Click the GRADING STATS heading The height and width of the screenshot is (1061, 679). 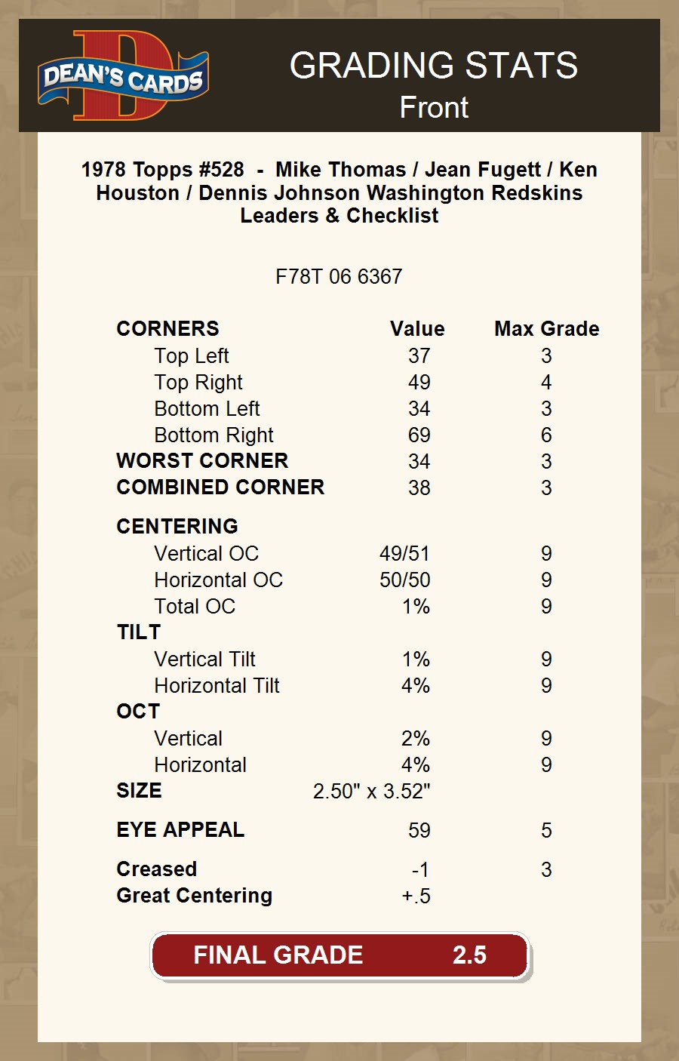pos(434,66)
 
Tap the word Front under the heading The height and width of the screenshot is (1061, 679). pos(434,108)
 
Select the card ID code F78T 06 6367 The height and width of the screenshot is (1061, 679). pos(339,277)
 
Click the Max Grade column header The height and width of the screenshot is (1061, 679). pos(546,329)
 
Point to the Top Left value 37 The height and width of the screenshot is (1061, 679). pos(419,356)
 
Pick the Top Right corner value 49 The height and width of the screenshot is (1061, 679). pos(419,383)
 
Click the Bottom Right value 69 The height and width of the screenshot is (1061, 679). pos(419,435)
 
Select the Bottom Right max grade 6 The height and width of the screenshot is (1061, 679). pos(546,435)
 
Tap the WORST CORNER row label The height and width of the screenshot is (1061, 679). pos(202,461)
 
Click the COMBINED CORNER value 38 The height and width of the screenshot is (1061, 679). pos(419,488)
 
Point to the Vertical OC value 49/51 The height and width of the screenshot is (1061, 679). pos(404,554)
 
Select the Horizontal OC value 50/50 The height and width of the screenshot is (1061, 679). pos(404,580)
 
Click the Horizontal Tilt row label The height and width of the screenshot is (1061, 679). pos(217,686)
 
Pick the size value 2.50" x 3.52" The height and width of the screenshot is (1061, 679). pos(371,792)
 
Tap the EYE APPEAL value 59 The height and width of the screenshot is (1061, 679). pos(419,831)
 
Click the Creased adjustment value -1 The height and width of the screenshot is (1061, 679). pos(420,870)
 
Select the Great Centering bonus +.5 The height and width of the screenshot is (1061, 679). pos(416,896)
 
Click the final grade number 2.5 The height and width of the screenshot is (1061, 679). pos(469,955)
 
